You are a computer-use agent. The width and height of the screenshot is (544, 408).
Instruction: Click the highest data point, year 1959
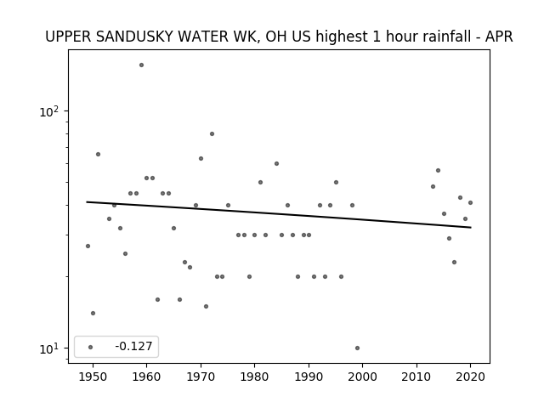[141, 65]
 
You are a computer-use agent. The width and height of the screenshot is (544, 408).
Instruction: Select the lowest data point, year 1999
[357, 348]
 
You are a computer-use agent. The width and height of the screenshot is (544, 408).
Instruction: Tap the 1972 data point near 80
[212, 134]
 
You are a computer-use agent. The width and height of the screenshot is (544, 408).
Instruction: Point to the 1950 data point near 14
[93, 314]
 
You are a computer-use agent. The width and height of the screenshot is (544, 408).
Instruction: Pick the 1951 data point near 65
[99, 154]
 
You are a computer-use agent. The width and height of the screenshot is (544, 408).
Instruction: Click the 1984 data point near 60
[276, 163]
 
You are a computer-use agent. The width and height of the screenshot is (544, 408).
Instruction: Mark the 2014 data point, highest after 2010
[439, 170]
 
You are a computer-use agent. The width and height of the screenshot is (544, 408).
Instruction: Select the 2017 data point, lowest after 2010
[454, 263]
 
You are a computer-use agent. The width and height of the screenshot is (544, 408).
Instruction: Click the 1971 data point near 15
[206, 306]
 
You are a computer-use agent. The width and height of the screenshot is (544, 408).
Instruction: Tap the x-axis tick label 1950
[93, 377]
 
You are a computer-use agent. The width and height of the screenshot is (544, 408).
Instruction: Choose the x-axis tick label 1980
[254, 377]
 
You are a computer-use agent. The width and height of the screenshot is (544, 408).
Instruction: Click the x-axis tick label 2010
[416, 377]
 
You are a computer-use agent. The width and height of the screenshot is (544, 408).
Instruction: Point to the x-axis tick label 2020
[470, 377]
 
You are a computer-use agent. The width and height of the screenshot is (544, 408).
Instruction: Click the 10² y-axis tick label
[49, 111]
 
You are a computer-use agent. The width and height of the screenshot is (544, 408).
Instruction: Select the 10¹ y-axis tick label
[49, 348]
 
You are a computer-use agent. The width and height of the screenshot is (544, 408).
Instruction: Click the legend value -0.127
[133, 346]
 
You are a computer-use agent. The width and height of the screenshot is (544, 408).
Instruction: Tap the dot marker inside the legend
[91, 347]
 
